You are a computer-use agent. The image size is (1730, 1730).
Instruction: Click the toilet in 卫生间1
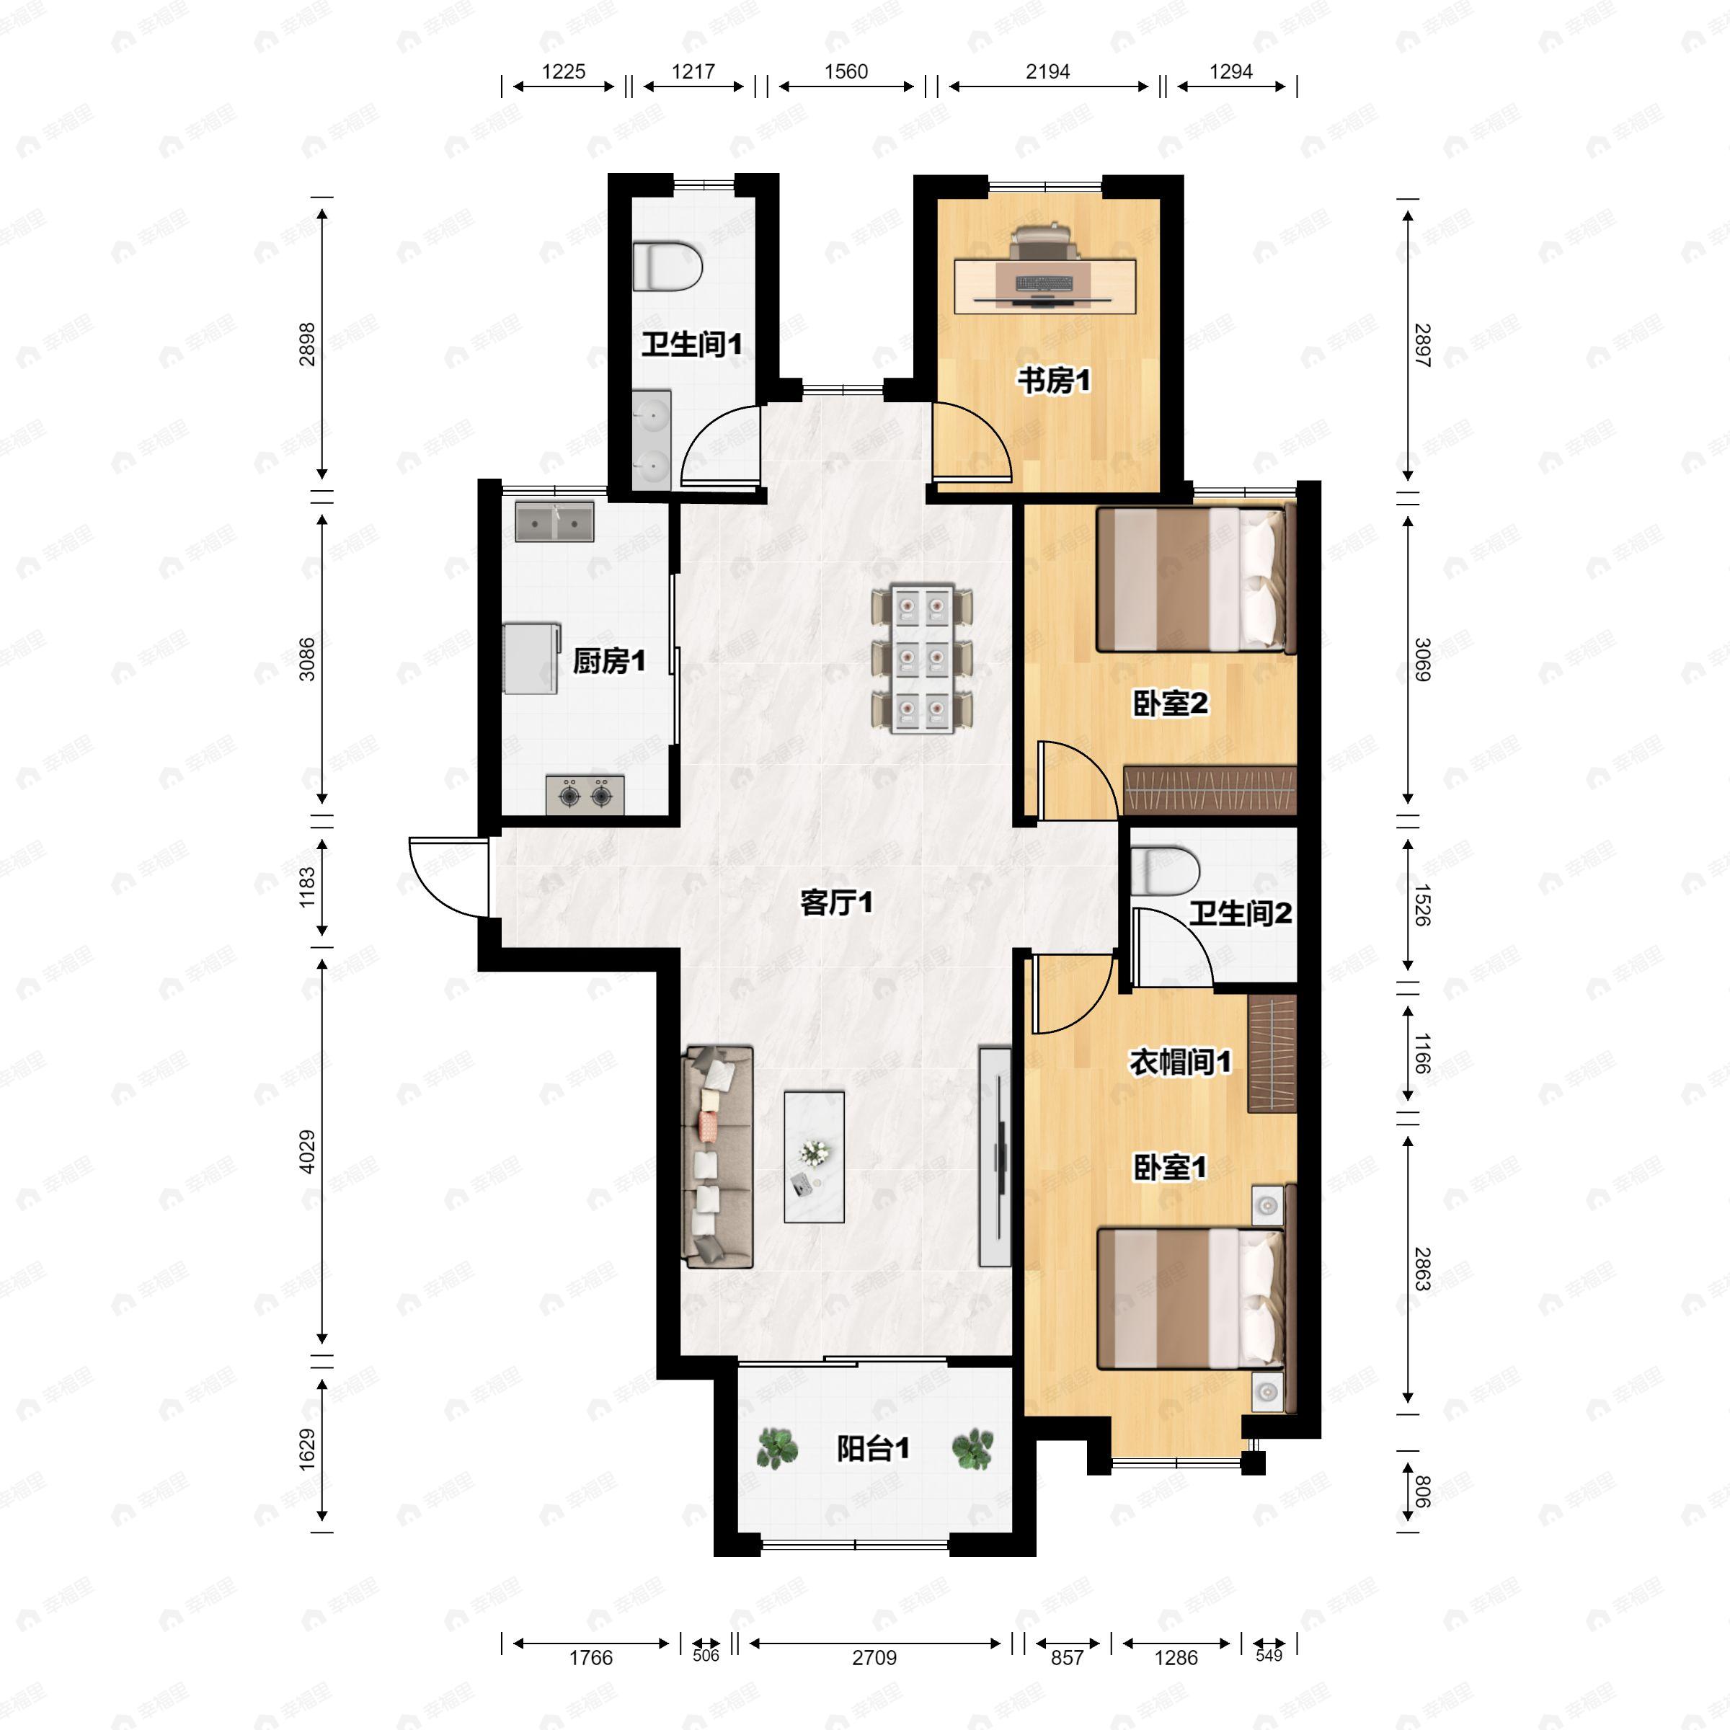pyautogui.click(x=667, y=266)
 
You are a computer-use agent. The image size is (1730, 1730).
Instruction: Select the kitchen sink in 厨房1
pyautogui.click(x=554, y=522)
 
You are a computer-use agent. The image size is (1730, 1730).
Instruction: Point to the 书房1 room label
pyautogui.click(x=1054, y=381)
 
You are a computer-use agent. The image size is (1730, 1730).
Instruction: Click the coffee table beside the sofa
pyautogui.click(x=814, y=1156)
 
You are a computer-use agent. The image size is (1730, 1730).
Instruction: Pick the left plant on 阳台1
pyautogui.click(x=777, y=1448)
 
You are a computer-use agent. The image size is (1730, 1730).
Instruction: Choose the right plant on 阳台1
pyautogui.click(x=972, y=1448)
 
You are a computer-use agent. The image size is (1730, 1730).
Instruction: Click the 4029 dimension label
pyautogui.click(x=307, y=1153)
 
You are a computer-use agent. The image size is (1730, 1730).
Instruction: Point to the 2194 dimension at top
pyautogui.click(x=1047, y=71)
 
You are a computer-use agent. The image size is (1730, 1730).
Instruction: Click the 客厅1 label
pyautogui.click(x=836, y=902)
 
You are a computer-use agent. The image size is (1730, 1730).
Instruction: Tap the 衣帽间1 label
pyautogui.click(x=1180, y=1062)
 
